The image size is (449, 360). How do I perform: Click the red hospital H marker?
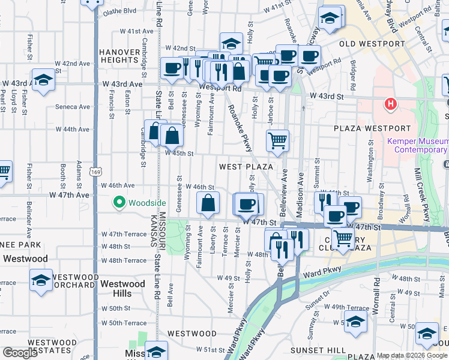click(391, 104)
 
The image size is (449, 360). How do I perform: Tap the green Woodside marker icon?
click(119, 203)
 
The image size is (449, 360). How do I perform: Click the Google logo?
click(20, 353)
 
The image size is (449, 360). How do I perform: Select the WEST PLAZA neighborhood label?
click(246, 166)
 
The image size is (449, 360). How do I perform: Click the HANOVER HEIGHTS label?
click(119, 56)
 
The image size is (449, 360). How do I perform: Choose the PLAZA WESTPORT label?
click(373, 128)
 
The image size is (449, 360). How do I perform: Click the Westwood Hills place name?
click(122, 288)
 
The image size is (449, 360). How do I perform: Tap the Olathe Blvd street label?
click(119, 11)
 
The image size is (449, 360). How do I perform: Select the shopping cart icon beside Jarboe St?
click(277, 141)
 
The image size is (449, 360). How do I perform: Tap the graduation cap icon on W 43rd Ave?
click(43, 80)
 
